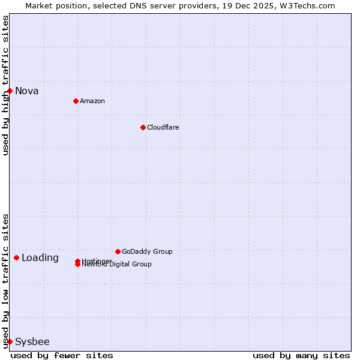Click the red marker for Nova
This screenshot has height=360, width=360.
[x=10, y=91]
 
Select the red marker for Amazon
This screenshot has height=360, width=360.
[x=76, y=101]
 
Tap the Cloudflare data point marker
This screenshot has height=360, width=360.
[x=143, y=127]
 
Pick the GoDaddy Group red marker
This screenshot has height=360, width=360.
[x=118, y=251]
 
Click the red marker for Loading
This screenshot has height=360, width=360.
[x=16, y=257]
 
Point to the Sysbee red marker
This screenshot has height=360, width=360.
[x=10, y=341]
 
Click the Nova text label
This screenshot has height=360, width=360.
[x=27, y=91]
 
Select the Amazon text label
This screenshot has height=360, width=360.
[x=92, y=101]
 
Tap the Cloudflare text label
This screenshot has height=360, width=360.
[x=163, y=127]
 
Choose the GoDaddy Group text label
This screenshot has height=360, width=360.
[x=147, y=251]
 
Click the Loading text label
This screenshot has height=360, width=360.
[x=40, y=258]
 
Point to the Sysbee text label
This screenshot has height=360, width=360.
[x=32, y=342]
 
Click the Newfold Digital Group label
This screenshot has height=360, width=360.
[x=117, y=265]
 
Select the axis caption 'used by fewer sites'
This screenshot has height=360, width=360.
[x=62, y=355]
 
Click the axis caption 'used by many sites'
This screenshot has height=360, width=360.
[x=301, y=355]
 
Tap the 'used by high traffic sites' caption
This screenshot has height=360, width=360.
[x=5, y=85]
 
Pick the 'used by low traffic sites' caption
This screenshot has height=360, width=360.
[x=5, y=280]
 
